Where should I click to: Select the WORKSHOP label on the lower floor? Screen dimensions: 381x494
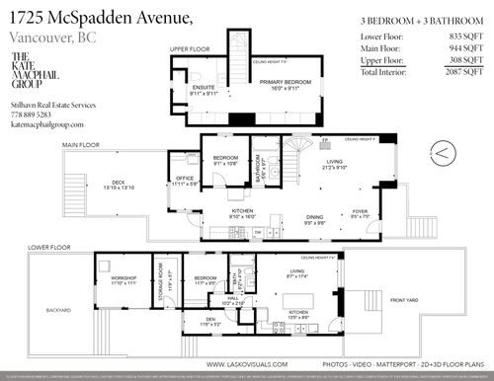tap(123, 279)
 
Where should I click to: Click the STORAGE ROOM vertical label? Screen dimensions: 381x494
tap(170, 281)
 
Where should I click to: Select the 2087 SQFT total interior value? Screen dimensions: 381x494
tap(456, 73)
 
